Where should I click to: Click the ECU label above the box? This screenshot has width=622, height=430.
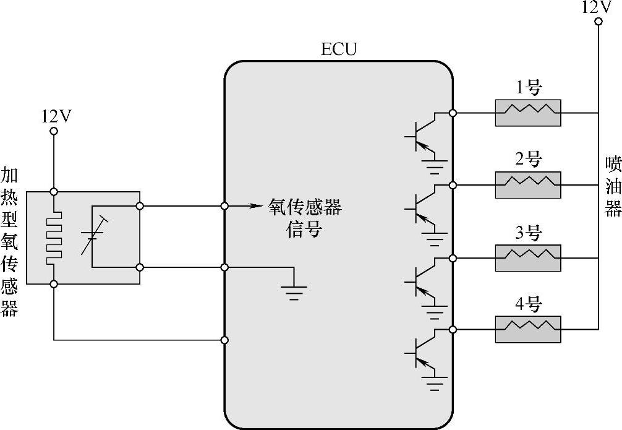[x=339, y=49]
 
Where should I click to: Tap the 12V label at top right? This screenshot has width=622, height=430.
[x=597, y=7]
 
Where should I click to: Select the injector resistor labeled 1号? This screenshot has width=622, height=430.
[x=528, y=113]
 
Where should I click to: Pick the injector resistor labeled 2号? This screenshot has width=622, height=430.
[x=528, y=185]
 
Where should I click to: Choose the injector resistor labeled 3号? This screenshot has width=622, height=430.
[x=528, y=257]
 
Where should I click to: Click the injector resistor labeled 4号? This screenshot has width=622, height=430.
[x=528, y=329]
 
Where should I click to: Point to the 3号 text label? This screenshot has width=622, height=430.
[x=527, y=234]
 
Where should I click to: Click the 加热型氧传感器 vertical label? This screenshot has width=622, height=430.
[x=9, y=241]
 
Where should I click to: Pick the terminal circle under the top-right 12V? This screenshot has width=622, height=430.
[x=598, y=22]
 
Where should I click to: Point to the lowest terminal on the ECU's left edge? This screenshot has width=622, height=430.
[x=224, y=340]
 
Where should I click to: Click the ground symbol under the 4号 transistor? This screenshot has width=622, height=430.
[x=437, y=383]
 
